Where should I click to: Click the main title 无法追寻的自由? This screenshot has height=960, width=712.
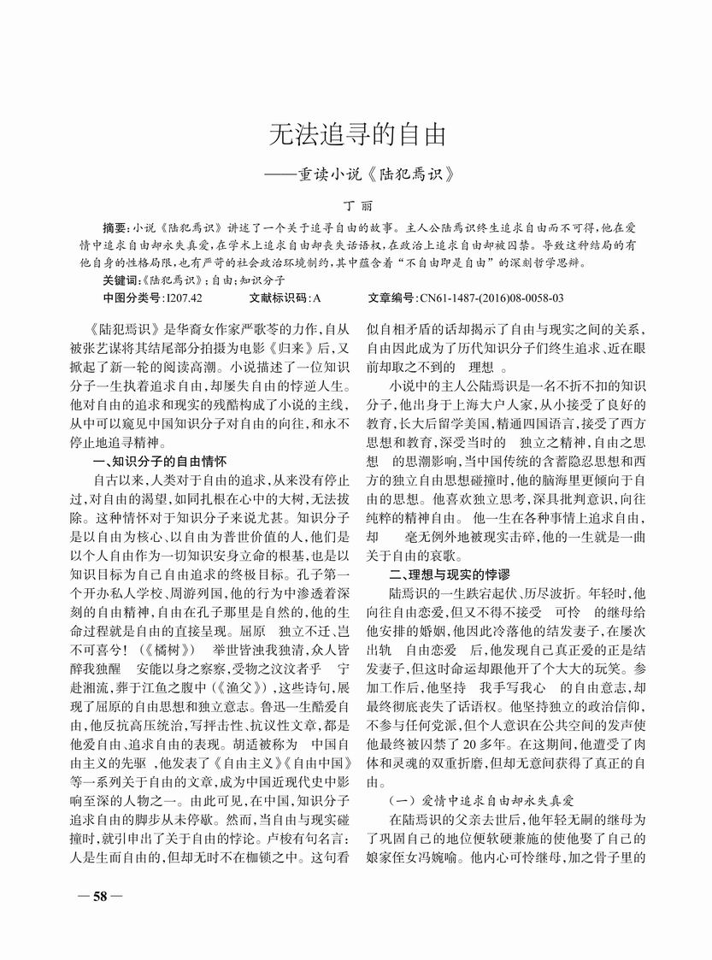tap(357, 134)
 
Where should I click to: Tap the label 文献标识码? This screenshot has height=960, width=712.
tap(279, 297)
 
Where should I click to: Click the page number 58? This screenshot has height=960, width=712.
tap(100, 897)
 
